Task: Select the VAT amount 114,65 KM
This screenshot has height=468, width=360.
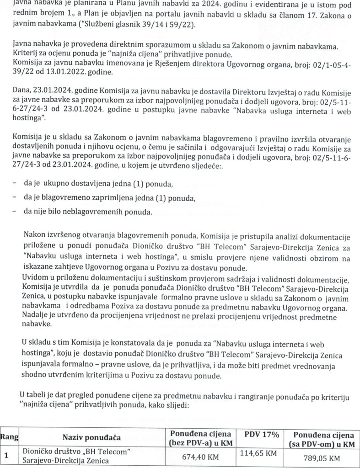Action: coord(258,452)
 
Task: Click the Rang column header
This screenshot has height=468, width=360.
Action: coord(9,437)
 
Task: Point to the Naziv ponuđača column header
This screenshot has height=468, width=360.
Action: coord(92,438)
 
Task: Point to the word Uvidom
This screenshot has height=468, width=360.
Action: coord(34,279)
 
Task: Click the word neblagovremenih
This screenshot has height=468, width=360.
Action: coord(107,212)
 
